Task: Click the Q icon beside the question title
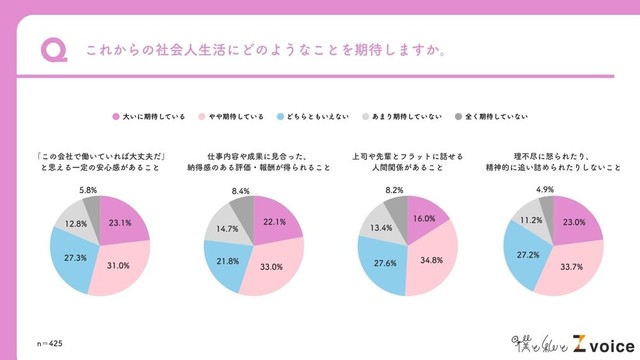pos(52,49)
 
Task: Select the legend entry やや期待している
pos(231,116)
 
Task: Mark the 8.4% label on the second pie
pos(240,190)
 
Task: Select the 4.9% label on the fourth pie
pos(545,190)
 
